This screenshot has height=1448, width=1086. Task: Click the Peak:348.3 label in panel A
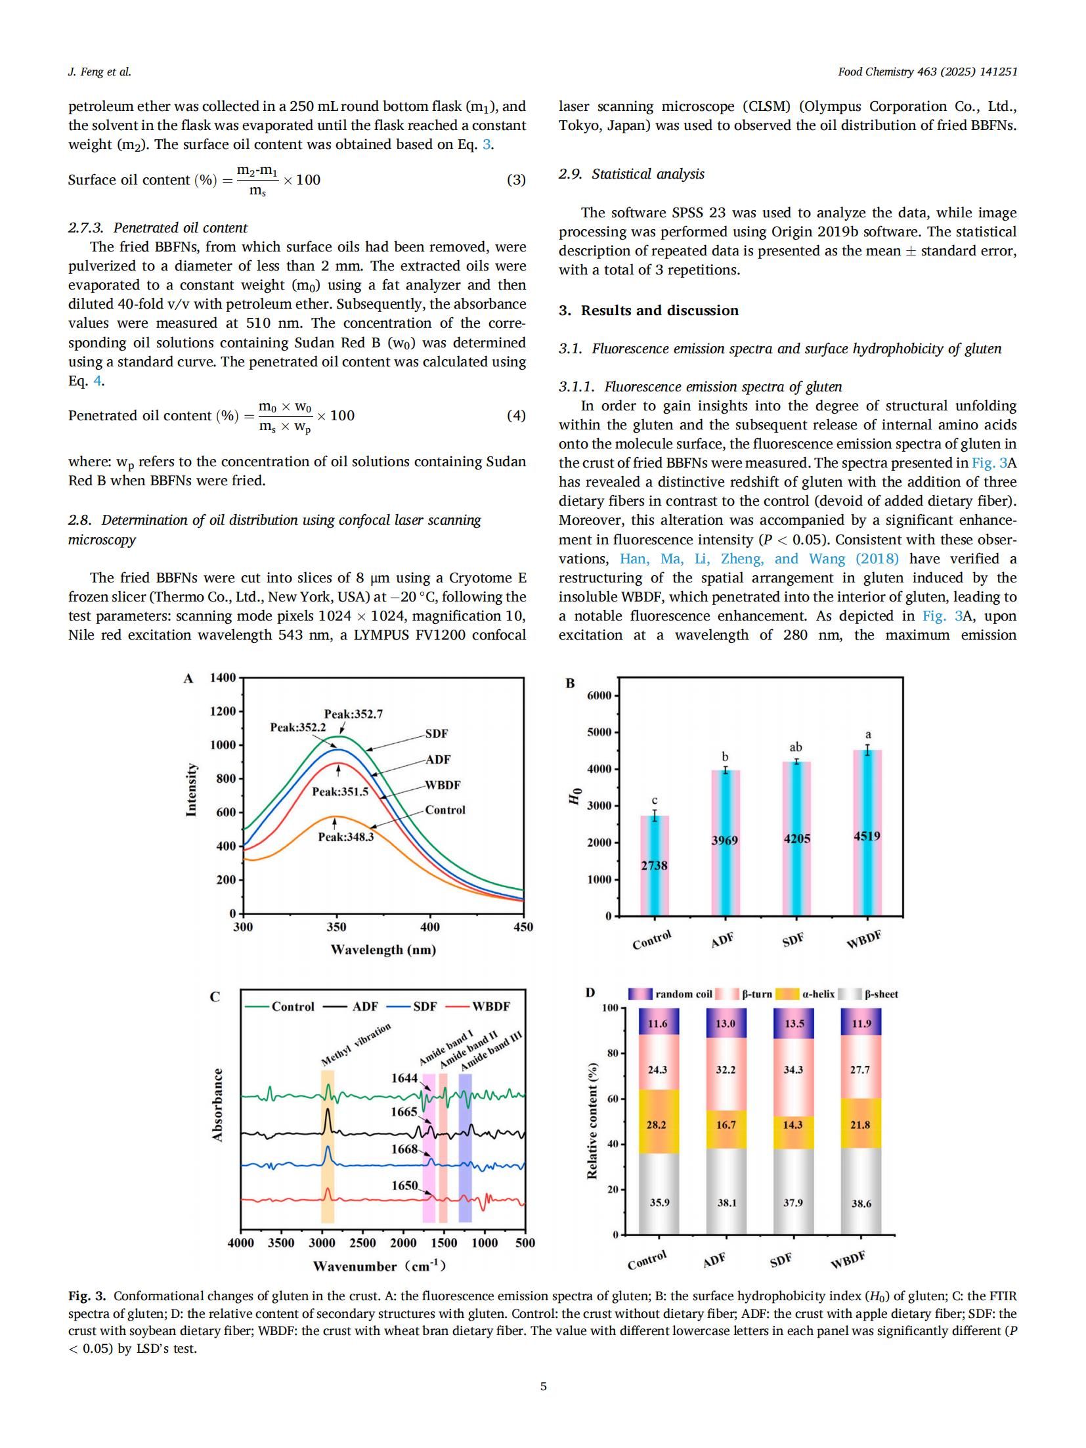click(345, 837)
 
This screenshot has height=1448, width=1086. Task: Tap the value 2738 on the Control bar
click(654, 866)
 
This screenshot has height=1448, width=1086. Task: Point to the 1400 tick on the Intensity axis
click(223, 678)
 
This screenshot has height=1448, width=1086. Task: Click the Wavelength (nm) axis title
click(383, 950)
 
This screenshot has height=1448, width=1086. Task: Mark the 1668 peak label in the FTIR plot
click(404, 1149)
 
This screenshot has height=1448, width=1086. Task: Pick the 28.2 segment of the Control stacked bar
click(657, 1125)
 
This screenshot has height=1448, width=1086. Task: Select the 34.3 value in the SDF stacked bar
click(793, 1070)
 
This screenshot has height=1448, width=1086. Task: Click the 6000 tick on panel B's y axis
click(599, 695)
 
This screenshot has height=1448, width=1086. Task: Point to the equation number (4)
click(516, 416)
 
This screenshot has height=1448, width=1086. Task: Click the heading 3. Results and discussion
click(649, 311)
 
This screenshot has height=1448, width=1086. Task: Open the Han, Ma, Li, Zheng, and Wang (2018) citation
click(759, 559)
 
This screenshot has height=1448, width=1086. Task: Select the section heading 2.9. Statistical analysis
click(631, 174)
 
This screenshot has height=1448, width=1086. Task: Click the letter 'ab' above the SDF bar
click(795, 747)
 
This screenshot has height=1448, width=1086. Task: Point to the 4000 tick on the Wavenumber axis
click(240, 1242)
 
